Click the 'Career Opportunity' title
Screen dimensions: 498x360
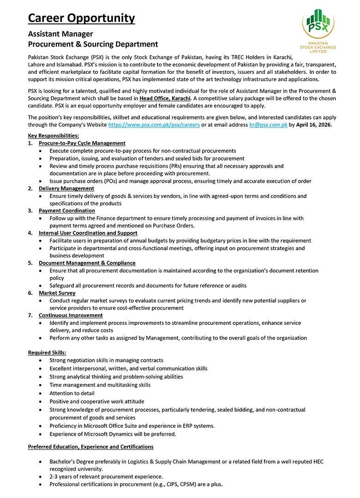81,18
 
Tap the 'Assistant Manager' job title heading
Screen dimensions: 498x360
60,34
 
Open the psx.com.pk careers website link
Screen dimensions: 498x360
154,125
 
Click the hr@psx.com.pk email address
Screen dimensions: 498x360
268,125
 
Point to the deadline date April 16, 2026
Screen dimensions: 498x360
313,125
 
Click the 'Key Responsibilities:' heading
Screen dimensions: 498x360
53,136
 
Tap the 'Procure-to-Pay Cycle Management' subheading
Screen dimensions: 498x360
82,143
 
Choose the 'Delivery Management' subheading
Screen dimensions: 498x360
66,188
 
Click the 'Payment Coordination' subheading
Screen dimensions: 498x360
67,210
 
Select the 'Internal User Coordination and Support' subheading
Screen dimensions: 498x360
88,233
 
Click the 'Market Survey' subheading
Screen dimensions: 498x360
57,293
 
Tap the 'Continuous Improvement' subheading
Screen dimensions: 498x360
71,315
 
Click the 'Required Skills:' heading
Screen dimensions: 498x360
47,353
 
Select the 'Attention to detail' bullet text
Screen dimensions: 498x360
72,393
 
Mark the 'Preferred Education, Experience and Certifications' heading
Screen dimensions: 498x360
90,447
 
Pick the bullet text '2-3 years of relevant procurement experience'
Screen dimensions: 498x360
106,476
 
